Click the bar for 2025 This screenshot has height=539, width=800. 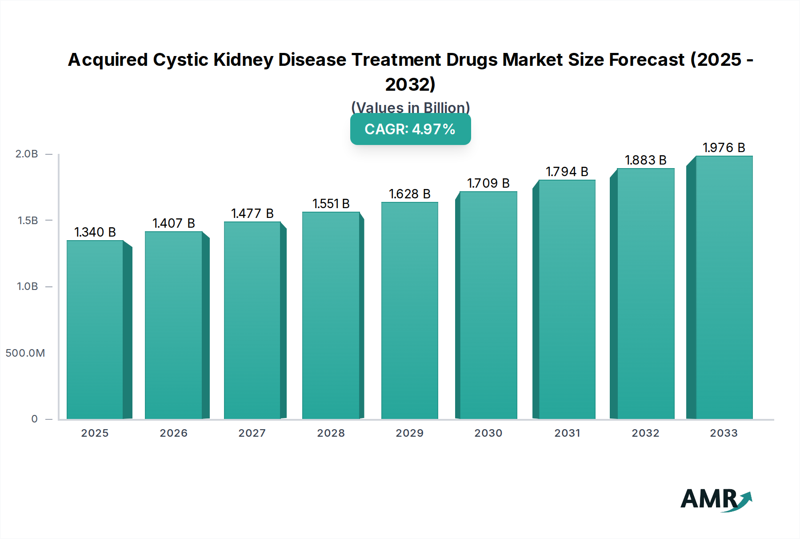point(95,329)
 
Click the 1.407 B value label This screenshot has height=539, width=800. point(174,223)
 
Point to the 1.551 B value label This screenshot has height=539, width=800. point(331,204)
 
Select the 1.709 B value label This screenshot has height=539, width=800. point(488,183)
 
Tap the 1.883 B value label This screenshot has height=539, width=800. point(645,160)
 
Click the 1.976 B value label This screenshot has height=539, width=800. point(724,148)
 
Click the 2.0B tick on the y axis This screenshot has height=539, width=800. point(27,154)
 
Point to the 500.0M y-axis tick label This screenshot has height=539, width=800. point(25,353)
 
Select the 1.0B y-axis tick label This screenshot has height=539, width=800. point(28,286)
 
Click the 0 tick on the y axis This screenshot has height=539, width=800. point(34,419)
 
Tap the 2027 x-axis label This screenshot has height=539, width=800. point(252,433)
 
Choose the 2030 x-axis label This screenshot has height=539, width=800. point(488,433)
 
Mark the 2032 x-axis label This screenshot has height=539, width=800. point(645,433)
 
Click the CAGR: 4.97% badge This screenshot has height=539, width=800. point(410,129)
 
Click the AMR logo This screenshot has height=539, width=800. point(716,499)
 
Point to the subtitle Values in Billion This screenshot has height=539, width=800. point(410,108)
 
